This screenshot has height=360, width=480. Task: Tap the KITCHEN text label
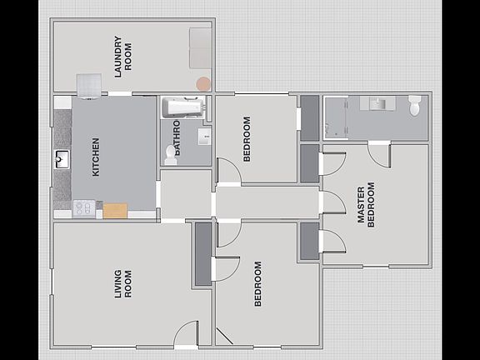96,157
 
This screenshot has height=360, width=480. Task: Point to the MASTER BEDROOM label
367,203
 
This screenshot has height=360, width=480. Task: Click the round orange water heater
202,84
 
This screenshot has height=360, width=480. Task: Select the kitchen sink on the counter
62,159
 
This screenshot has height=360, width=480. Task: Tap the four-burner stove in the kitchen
83,208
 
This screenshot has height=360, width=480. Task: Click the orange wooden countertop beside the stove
115,210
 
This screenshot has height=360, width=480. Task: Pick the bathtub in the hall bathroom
182,107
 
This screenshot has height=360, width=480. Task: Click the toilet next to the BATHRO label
171,152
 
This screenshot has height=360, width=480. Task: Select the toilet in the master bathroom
415,106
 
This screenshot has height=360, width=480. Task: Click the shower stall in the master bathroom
337,117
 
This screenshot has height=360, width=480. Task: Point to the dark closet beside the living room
202,254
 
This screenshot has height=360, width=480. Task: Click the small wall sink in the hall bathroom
204,136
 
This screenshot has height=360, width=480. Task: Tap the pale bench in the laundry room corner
200,47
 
